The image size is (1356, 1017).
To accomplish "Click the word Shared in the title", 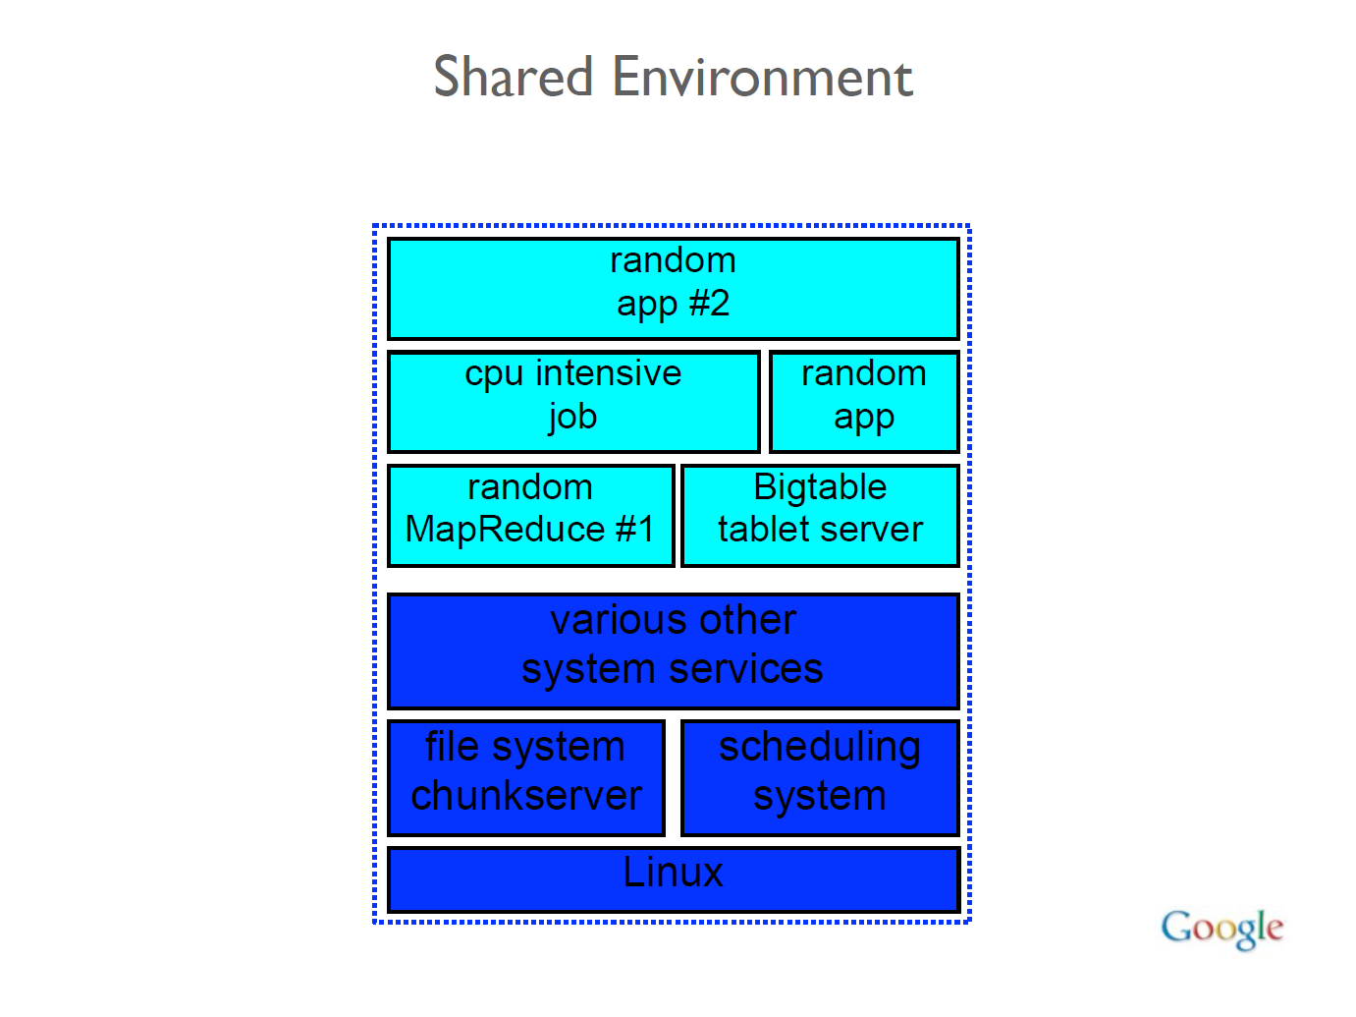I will (x=514, y=77).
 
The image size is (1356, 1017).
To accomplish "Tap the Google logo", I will (x=1221, y=928).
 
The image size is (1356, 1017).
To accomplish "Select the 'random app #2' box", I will (x=673, y=289).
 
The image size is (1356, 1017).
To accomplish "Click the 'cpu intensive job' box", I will (x=573, y=401).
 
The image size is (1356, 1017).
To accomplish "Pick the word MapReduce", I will (x=505, y=530).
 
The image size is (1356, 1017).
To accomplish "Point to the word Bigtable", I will (x=820, y=487).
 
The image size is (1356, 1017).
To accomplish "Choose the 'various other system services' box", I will (x=673, y=650).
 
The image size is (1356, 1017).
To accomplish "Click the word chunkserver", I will (x=526, y=796).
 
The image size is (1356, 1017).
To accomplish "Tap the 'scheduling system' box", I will (x=820, y=777).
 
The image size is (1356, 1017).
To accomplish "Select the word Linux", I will (x=673, y=873).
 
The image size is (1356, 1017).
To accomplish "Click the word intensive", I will (x=608, y=373).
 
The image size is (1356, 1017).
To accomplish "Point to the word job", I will (x=573, y=418).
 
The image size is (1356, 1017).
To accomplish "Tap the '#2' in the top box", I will (x=709, y=304).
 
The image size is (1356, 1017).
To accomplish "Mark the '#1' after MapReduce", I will (x=634, y=530).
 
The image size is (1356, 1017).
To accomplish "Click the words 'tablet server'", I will (x=820, y=530).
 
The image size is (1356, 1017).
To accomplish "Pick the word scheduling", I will (x=820, y=748).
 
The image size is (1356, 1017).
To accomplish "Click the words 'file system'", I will (x=524, y=748).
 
